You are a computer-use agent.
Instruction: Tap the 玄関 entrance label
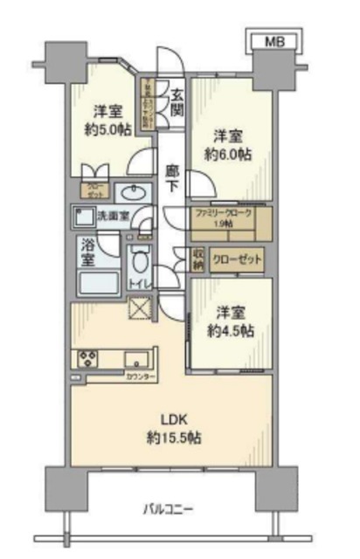pyautogui.click(x=177, y=103)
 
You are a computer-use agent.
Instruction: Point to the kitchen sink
pyautogui.click(x=137, y=359)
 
